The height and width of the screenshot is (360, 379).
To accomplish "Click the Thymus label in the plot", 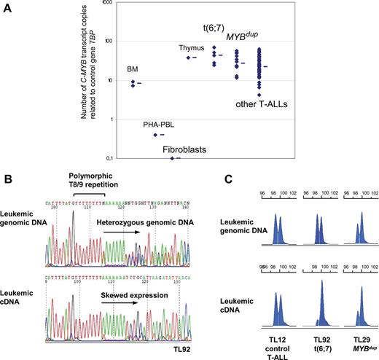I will pos(192,48).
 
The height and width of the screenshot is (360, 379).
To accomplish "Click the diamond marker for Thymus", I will pos(188,58).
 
